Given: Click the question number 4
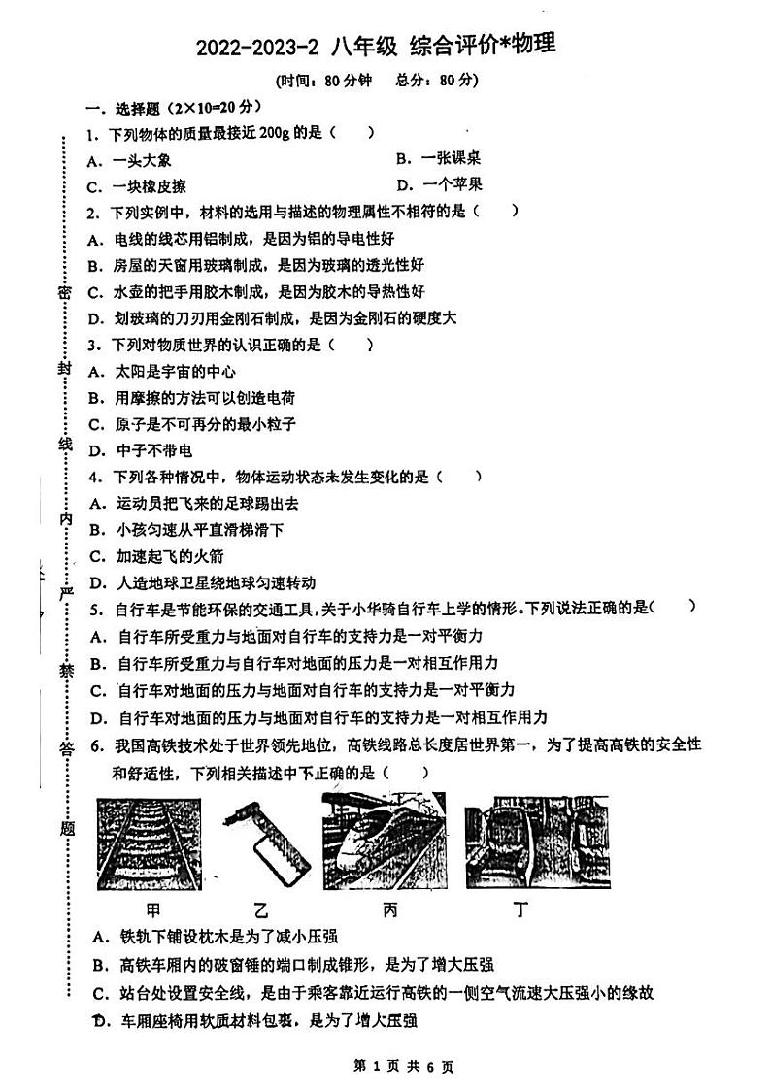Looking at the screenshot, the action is click(91, 477).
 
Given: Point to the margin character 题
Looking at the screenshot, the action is click(66, 827).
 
